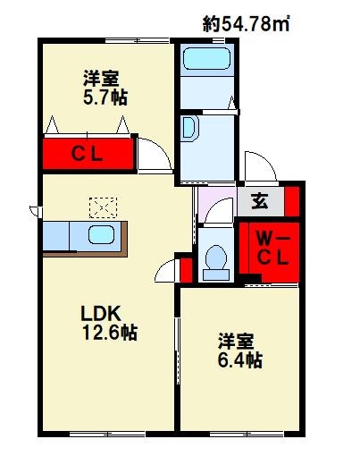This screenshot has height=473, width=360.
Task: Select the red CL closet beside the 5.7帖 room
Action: click(x=88, y=153)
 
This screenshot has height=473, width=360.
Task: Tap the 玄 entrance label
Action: click(x=258, y=202)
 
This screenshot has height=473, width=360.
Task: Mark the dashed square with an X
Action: click(x=103, y=207)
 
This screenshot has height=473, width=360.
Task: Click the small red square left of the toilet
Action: click(x=185, y=268)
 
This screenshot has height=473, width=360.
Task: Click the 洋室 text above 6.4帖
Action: click(x=238, y=342)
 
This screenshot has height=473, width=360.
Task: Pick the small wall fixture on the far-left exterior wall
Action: click(x=33, y=211)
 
